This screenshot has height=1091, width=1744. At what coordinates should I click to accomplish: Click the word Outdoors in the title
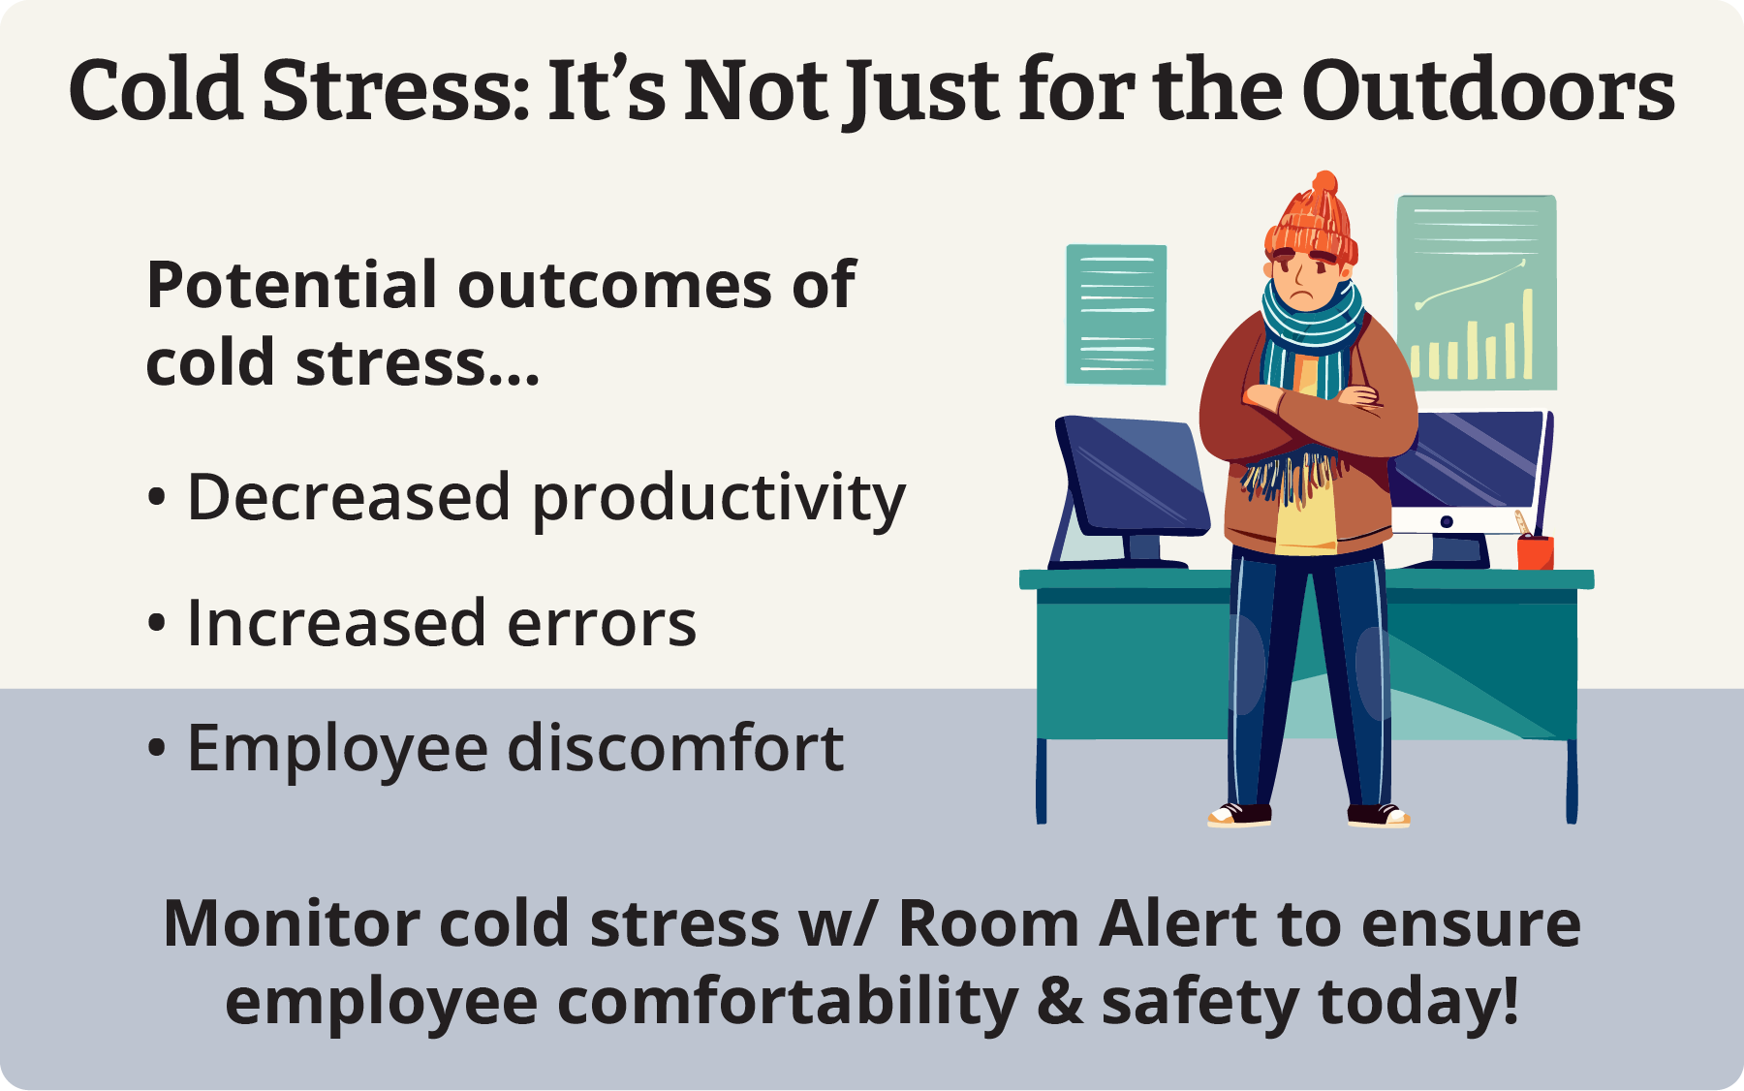tap(1488, 90)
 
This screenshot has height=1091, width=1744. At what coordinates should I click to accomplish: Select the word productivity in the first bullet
tap(719, 499)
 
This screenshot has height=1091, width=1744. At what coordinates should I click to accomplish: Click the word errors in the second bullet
tap(602, 623)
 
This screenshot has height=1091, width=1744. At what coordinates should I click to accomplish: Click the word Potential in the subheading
tap(292, 285)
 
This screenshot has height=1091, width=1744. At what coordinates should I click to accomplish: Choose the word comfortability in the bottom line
tap(788, 1003)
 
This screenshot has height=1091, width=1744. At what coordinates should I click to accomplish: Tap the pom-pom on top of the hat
tap(1324, 182)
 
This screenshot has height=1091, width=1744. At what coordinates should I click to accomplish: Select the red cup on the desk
tap(1535, 552)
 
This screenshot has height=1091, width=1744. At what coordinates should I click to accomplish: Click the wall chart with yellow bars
tap(1477, 293)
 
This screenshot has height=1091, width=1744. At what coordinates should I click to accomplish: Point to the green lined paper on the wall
tap(1116, 315)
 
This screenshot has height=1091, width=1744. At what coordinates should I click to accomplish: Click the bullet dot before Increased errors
tap(157, 624)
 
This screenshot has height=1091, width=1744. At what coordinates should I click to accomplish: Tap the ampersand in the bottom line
tap(1060, 1001)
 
